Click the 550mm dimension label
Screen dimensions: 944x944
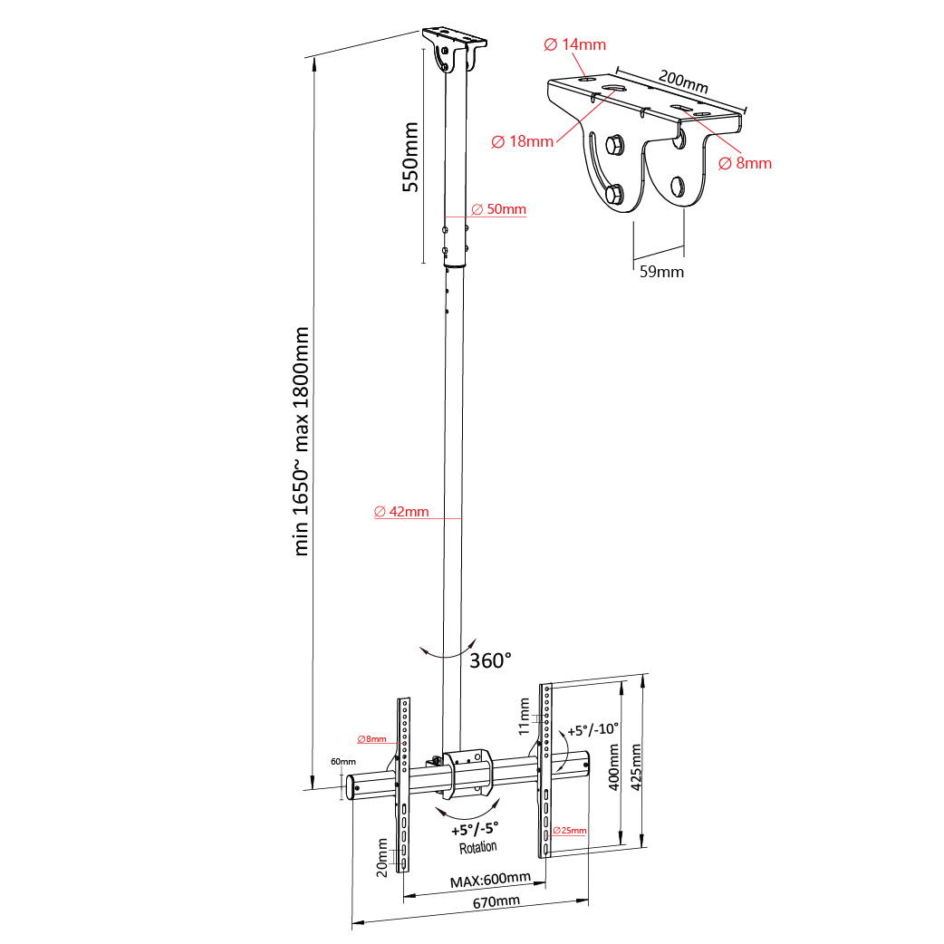(x=410, y=157)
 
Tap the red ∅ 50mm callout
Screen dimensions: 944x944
(x=498, y=209)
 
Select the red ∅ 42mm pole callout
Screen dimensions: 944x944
(x=401, y=511)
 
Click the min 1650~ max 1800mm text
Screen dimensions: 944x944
(x=301, y=441)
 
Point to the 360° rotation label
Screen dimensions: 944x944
(x=490, y=660)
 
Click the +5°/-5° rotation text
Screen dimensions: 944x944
(x=475, y=830)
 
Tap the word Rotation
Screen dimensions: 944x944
(x=478, y=848)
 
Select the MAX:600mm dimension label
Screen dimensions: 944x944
(x=490, y=880)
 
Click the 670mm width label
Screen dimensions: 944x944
(x=496, y=901)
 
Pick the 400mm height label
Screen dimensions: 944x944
(x=613, y=767)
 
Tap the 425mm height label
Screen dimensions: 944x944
(x=636, y=767)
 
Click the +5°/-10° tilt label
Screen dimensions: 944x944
(x=593, y=729)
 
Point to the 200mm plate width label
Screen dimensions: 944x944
(x=683, y=82)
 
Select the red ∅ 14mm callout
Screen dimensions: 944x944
(x=575, y=44)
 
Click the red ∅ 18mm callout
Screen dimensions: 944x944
(x=523, y=141)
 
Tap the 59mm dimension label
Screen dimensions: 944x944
(x=661, y=272)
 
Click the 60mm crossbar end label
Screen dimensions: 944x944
(x=343, y=762)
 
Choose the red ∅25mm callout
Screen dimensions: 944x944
(x=570, y=830)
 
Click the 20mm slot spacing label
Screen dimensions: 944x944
(x=381, y=858)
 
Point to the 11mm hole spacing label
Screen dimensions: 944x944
(x=525, y=717)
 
